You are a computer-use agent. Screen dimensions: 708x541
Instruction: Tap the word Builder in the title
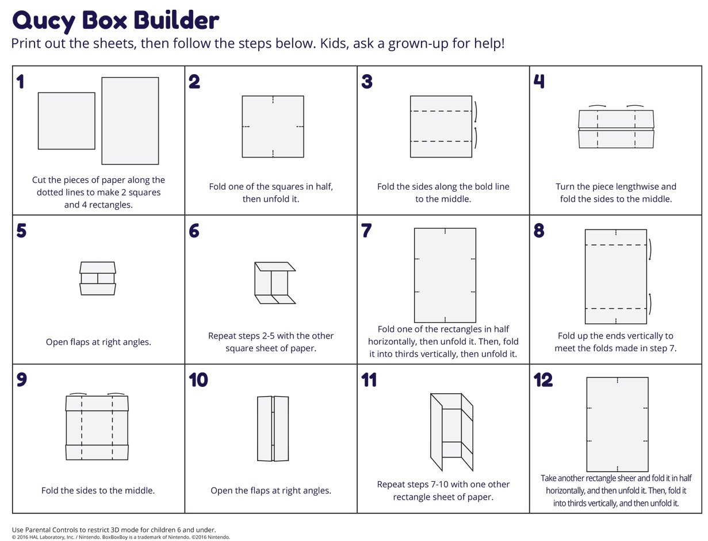pos(177,20)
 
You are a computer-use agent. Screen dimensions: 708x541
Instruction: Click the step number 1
pos(20,82)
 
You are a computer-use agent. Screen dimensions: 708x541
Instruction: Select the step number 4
pos(539,81)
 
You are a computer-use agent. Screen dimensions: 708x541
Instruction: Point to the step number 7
pos(366,231)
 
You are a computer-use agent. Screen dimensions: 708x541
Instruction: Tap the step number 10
pos(198,380)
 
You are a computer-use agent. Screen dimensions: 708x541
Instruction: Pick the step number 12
pos(543,380)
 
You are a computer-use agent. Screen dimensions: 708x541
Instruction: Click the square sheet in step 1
pos(67,121)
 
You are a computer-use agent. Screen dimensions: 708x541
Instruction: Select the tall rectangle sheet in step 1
pos(130,121)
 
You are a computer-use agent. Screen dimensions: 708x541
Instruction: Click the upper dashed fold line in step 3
pos(441,111)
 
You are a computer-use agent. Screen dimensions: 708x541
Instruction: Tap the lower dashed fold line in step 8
pos(616,309)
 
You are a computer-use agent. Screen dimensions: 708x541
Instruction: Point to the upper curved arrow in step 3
pos(476,112)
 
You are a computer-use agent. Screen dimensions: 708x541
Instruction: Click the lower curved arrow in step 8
pos(650,304)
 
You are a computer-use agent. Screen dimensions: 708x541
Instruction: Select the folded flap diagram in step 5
pos(98,278)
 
